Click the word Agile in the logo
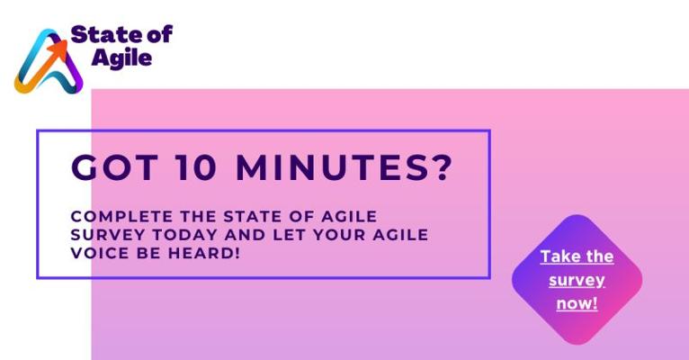coord(121,58)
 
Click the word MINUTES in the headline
coord(332,167)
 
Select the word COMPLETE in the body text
coord(121,216)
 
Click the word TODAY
coord(186,235)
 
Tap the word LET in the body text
coord(289,235)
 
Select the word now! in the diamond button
coord(577,303)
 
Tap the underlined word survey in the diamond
coord(577,281)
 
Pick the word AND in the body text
coord(246,235)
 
